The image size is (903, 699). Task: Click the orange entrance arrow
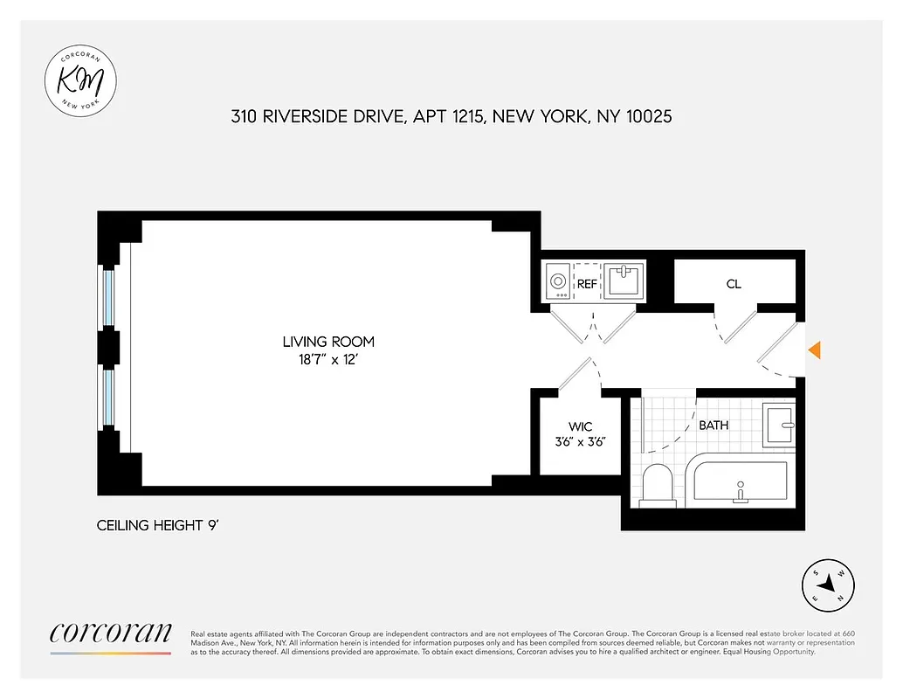(814, 349)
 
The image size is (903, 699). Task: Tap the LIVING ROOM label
(328, 342)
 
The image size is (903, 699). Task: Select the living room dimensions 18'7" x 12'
(328, 358)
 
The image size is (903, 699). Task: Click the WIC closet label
(581, 426)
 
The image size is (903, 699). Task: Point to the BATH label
(713, 426)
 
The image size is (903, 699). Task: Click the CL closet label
(734, 284)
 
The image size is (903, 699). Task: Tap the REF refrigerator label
(586, 284)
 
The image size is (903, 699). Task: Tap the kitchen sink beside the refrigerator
(625, 281)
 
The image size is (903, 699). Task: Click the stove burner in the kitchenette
(557, 282)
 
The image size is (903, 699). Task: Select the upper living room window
(108, 298)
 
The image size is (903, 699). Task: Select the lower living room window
(108, 397)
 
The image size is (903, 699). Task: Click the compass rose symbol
(828, 585)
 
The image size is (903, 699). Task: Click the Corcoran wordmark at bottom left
(111, 633)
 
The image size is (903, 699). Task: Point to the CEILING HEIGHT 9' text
(162, 526)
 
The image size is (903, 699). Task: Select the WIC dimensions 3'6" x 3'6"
(581, 441)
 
